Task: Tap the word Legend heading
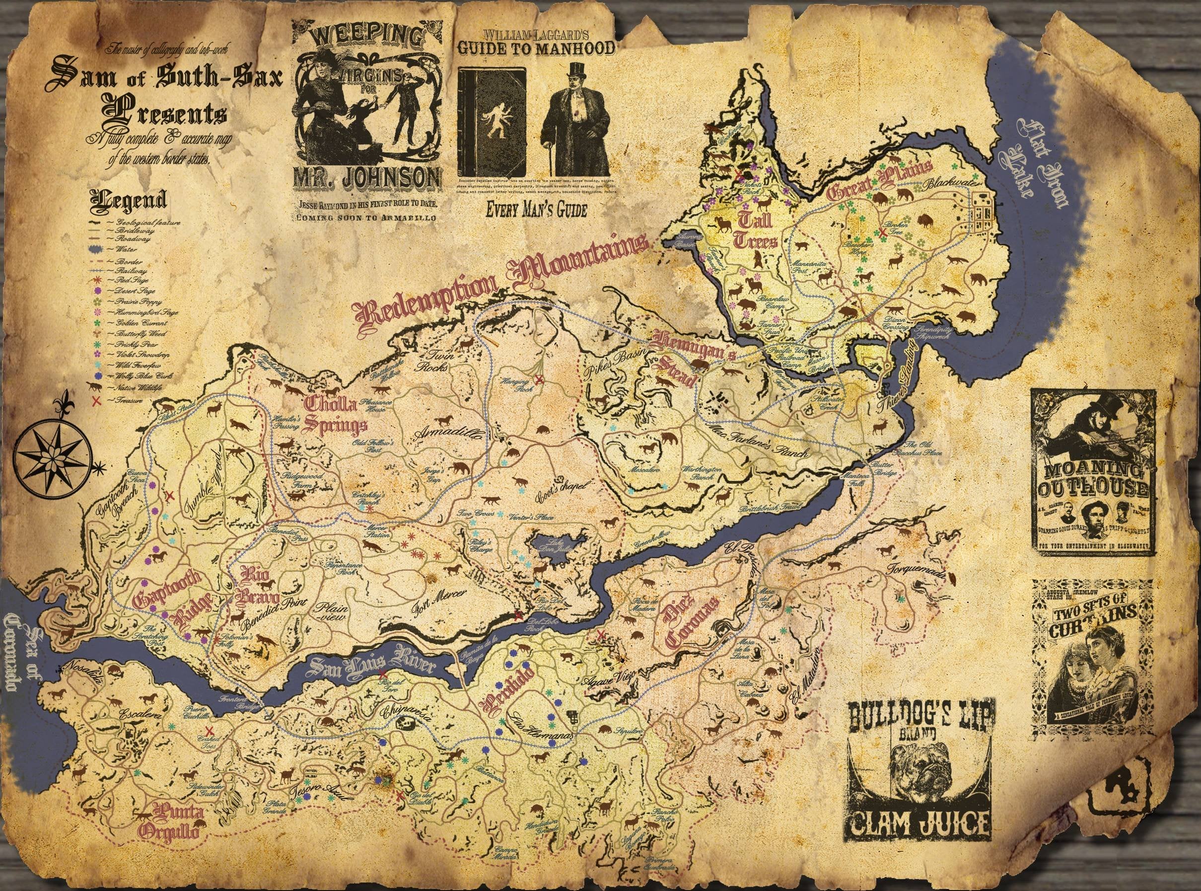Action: tap(128, 201)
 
